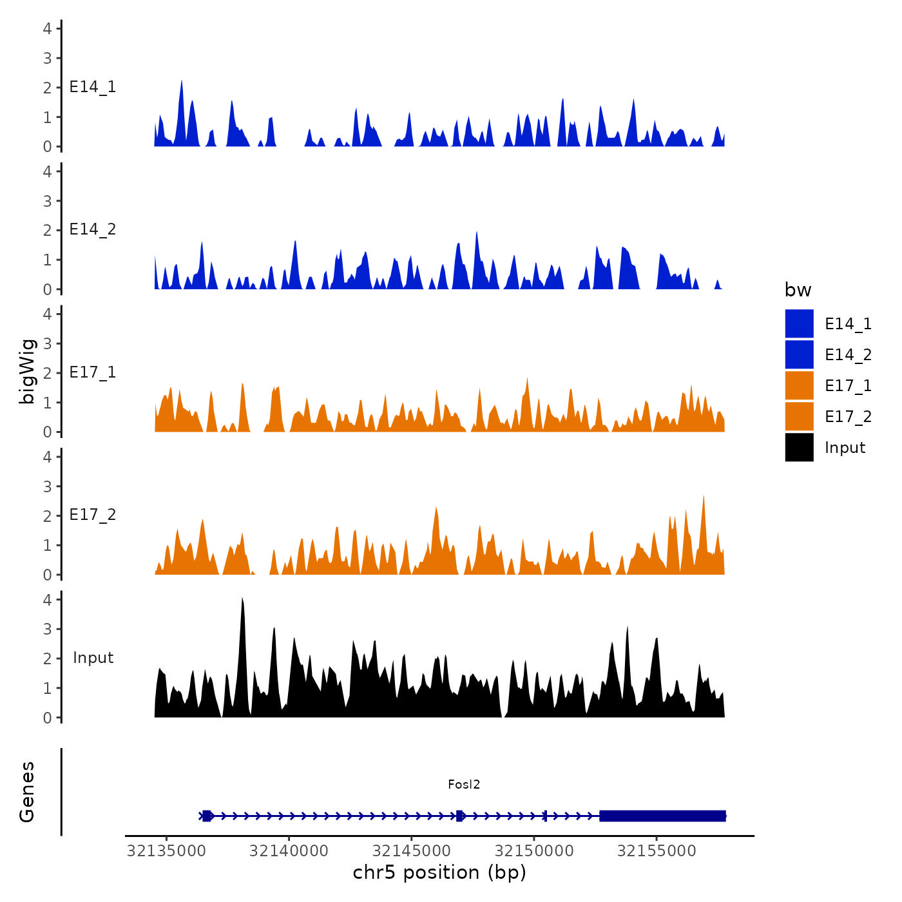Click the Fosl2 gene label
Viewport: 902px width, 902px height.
coord(464,784)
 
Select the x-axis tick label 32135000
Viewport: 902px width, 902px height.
coord(167,850)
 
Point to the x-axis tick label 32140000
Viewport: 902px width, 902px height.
coord(289,850)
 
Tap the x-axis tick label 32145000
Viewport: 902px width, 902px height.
coord(412,850)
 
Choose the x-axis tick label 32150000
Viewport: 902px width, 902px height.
coord(534,850)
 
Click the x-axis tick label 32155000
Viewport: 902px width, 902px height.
coord(657,850)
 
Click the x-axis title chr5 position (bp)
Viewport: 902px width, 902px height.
coord(439,872)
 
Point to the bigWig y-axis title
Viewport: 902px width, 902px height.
coord(27,372)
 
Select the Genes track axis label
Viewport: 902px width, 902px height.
coord(27,792)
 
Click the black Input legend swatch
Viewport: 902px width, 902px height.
coord(799,447)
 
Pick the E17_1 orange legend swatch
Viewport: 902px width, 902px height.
coord(799,385)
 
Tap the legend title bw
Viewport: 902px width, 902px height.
coord(798,290)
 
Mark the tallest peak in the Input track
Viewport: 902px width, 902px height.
coord(242,600)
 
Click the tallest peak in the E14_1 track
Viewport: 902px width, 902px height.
coord(182,81)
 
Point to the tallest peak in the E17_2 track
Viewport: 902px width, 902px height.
coord(704,497)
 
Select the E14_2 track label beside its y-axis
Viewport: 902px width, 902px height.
coord(93,229)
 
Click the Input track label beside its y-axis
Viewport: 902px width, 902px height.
coord(93,657)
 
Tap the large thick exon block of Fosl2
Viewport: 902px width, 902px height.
coord(662,816)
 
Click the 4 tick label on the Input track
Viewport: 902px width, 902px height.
coord(47,600)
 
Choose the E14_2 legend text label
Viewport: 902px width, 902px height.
coord(848,354)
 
